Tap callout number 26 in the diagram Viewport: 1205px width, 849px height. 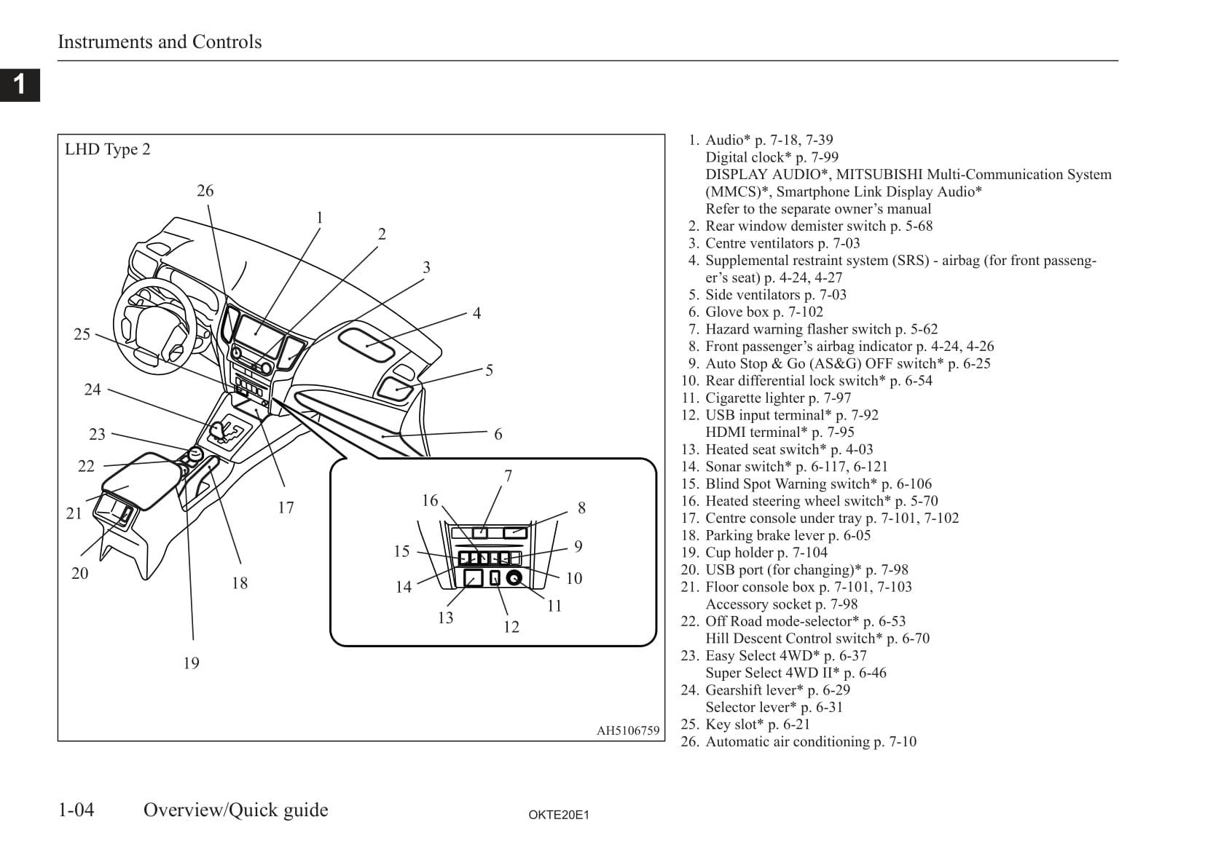[205, 191]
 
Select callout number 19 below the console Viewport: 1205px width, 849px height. [191, 663]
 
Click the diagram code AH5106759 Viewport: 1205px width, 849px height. [627, 730]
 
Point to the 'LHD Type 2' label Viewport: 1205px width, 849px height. [107, 149]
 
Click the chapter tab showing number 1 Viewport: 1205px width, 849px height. [20, 84]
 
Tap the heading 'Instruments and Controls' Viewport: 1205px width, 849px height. [160, 42]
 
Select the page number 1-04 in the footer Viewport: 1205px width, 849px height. [76, 810]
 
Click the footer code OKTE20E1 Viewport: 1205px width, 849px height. [558, 815]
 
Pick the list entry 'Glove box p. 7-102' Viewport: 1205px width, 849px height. [764, 312]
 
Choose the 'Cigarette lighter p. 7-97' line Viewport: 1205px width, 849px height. [777, 398]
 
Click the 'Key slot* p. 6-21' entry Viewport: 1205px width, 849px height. [757, 724]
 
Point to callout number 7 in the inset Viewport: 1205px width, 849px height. [509, 476]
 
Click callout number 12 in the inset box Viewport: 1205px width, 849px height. [511, 627]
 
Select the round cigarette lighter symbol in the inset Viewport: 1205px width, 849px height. [514, 578]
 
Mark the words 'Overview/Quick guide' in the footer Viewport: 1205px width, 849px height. [235, 810]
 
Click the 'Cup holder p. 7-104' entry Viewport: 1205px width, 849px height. [766, 553]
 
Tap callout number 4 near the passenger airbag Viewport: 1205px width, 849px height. [476, 314]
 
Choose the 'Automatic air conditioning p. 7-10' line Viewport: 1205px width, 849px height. [810, 741]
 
